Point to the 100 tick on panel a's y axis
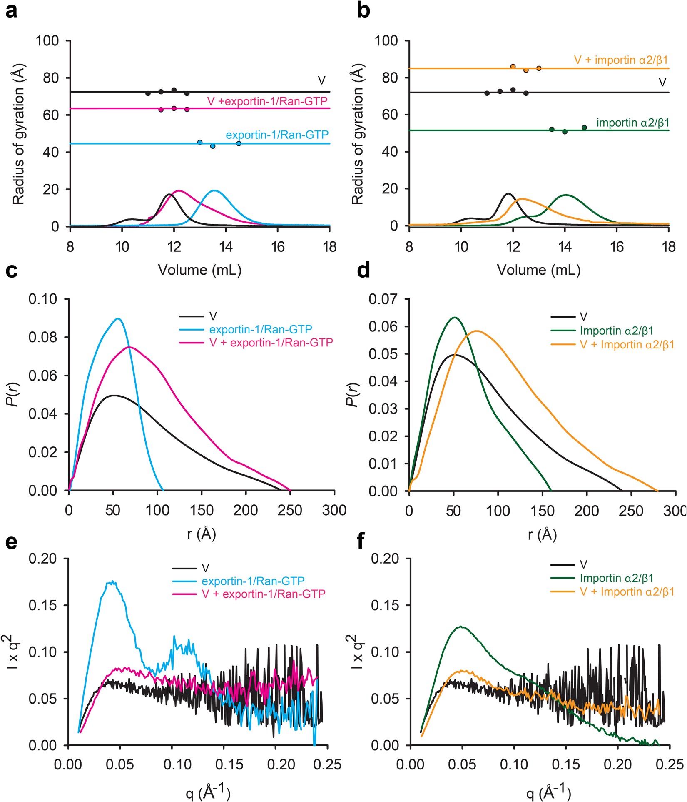coord(47,41)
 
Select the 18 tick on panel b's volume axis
coord(669,247)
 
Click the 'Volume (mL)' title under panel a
coord(200,270)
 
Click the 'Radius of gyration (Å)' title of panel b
coord(357,133)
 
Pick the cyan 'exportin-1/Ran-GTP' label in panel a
coord(277,135)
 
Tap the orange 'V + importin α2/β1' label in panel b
coord(621,60)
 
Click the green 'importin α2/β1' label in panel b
coord(632,123)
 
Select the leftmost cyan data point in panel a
coord(200,142)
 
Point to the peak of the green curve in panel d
coord(455,318)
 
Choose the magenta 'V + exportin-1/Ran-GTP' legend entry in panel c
coord(271,343)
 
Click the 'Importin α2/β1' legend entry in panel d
coord(616,331)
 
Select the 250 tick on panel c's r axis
coord(290,510)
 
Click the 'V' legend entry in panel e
coord(205,568)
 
